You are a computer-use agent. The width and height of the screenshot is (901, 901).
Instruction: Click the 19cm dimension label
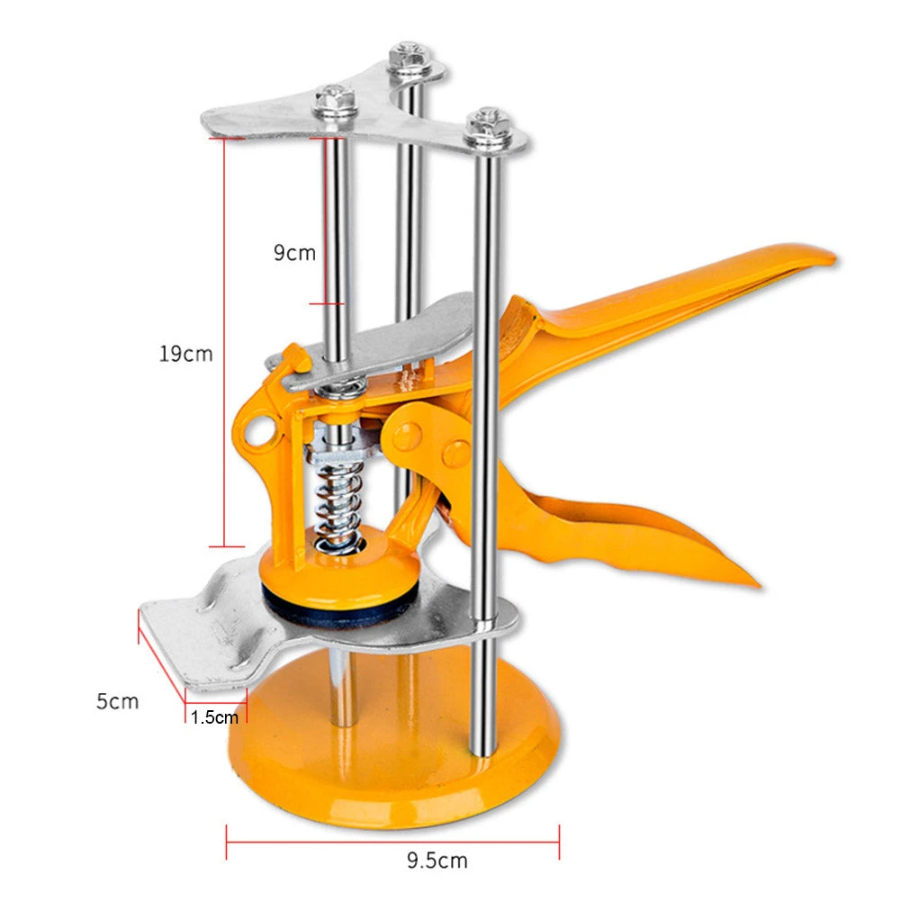(186, 354)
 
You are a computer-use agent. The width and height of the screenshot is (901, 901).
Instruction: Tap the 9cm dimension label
(294, 253)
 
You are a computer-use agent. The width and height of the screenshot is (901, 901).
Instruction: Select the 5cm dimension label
(118, 700)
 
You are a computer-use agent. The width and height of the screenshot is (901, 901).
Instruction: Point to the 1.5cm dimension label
(215, 717)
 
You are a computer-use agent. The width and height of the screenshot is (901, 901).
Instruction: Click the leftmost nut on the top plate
(335, 98)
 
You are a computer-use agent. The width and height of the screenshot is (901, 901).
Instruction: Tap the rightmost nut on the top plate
(487, 126)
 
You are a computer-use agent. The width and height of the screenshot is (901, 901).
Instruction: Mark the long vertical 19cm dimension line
(224, 342)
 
